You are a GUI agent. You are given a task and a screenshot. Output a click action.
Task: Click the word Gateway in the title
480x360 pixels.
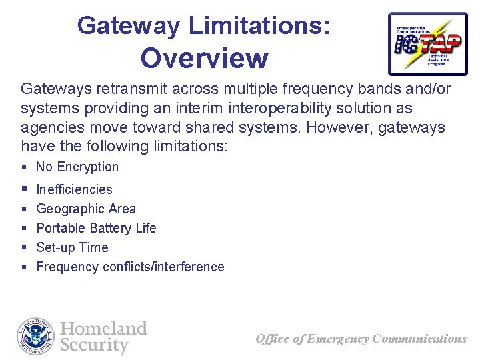point(129,26)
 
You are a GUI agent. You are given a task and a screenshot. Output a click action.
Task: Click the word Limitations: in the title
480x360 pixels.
point(259,26)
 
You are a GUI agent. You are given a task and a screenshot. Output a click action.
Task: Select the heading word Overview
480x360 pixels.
point(204,58)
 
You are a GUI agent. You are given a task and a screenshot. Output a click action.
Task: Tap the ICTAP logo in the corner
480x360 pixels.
point(427,43)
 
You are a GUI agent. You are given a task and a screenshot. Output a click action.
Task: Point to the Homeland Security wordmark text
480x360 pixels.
point(103,337)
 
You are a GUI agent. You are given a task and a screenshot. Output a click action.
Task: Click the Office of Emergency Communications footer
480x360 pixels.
point(361,339)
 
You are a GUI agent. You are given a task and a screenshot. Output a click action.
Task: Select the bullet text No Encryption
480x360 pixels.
point(77,167)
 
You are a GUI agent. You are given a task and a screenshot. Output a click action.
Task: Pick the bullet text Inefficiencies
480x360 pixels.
point(74,189)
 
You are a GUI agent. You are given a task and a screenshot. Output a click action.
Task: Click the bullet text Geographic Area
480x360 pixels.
point(86,209)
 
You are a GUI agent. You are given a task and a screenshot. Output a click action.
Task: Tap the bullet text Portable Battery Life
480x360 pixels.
point(96,228)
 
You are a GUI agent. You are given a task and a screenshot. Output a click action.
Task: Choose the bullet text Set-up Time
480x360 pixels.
point(72,247)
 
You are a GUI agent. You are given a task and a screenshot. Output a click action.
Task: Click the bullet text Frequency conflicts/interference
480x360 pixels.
point(130,267)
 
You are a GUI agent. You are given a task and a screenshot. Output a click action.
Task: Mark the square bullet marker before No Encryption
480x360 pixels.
point(24,167)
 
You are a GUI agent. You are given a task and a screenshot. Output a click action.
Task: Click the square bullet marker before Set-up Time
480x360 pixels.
point(24,247)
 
